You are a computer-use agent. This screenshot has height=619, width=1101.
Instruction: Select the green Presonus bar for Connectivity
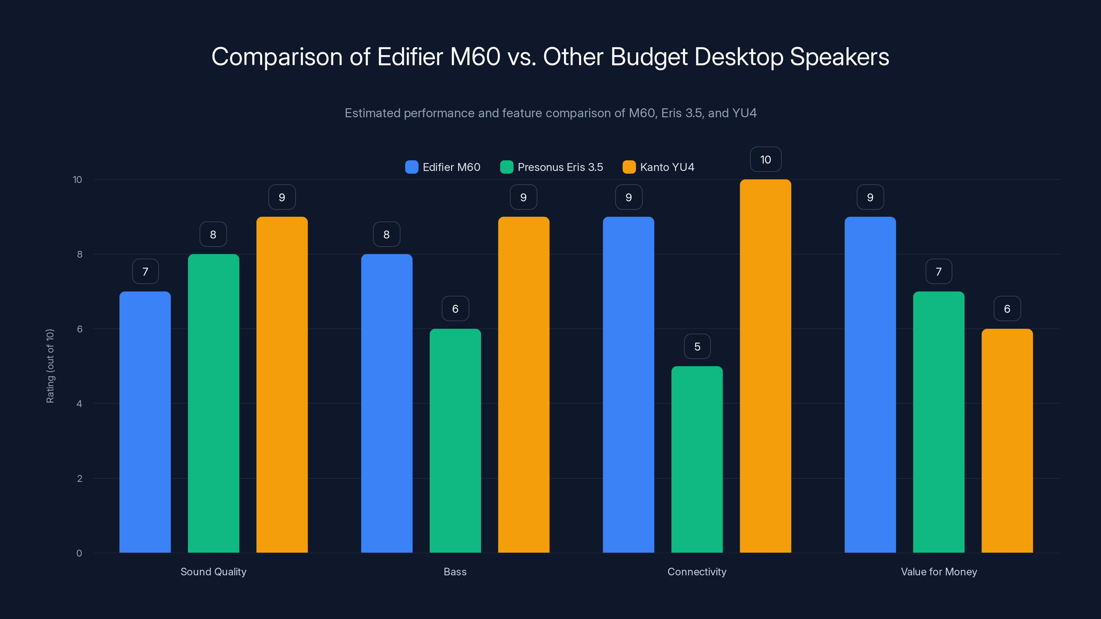coord(697,459)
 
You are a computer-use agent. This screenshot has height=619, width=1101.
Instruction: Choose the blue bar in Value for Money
coord(870,384)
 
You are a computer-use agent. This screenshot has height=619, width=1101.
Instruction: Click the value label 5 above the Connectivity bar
coord(697,346)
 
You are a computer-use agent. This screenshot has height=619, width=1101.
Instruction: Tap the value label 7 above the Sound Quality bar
coord(145,271)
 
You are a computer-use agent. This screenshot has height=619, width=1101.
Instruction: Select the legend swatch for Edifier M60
coord(411,167)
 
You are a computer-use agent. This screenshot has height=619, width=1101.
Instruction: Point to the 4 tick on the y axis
coord(79,404)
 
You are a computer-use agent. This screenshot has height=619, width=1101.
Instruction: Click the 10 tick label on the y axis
coord(77,180)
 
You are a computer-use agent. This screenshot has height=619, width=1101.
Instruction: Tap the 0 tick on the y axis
coord(79,553)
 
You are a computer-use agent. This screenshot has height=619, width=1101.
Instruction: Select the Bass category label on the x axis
coord(455,572)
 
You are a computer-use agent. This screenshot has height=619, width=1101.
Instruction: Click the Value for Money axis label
coord(939,572)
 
